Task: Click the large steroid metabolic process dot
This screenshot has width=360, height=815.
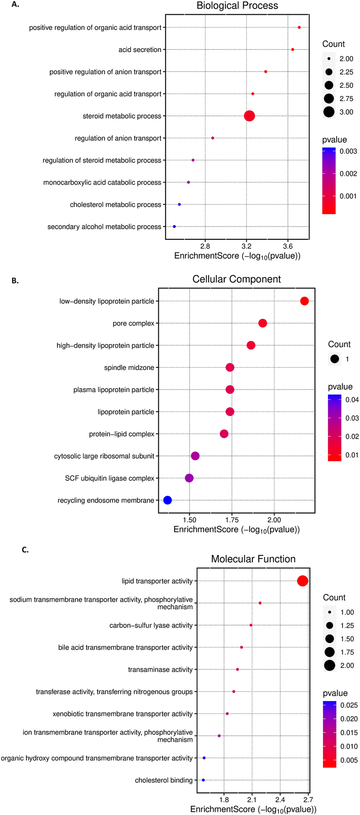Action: pyautogui.click(x=249, y=116)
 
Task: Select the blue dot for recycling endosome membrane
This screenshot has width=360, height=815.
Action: pyautogui.click(x=167, y=500)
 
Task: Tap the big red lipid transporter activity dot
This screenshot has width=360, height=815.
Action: pyautogui.click(x=302, y=581)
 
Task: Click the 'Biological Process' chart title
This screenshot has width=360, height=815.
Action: pyautogui.click(x=237, y=6)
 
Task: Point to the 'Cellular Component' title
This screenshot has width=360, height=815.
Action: pyautogui.click(x=236, y=279)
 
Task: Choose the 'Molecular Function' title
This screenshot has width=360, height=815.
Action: pyautogui.click(x=253, y=559)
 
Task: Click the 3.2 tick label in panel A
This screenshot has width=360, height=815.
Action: pyautogui.click(x=246, y=246)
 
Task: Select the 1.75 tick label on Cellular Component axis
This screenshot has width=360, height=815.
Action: pyautogui.click(x=232, y=520)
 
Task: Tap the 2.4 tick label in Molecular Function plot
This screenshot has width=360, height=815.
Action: pyautogui.click(x=280, y=800)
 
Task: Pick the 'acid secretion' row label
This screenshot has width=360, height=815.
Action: pyautogui.click(x=140, y=50)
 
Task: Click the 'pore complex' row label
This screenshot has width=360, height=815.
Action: pyautogui.click(x=133, y=323)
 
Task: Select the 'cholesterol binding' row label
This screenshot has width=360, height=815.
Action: pyautogui.click(x=163, y=780)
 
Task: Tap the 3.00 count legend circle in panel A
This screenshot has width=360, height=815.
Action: pyautogui.click(x=329, y=112)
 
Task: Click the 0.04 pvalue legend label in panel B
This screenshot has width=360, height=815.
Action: pyautogui.click(x=352, y=400)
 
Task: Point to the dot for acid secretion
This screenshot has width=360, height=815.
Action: pyautogui.click(x=293, y=50)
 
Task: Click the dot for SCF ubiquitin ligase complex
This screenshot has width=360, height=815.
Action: pyautogui.click(x=189, y=478)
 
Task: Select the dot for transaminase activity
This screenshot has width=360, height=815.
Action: pyautogui.click(x=237, y=669)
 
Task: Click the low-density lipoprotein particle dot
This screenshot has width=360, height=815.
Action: pyautogui.click(x=304, y=301)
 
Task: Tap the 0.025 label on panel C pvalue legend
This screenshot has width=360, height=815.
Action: pyautogui.click(x=349, y=705)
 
